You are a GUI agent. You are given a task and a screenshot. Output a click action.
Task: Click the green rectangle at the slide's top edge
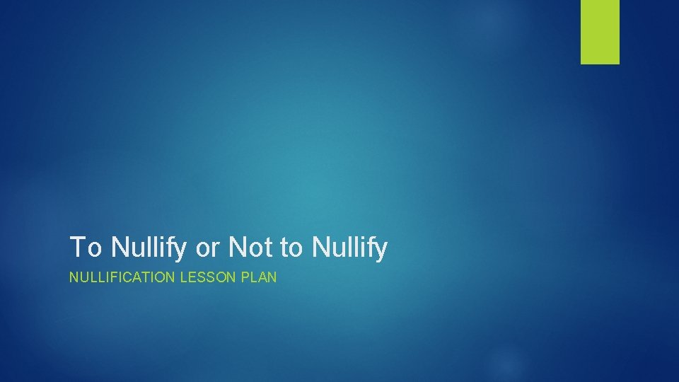[x=600, y=31]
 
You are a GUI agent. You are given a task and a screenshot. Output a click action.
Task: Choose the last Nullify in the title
[x=349, y=248]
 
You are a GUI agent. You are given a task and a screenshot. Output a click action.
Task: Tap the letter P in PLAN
[x=247, y=278]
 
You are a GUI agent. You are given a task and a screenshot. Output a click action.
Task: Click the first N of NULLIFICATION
[x=74, y=278]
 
